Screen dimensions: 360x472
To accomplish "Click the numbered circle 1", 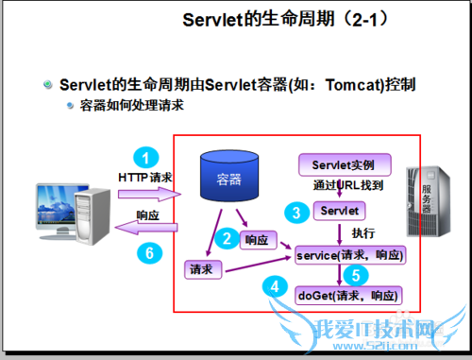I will [x=144, y=158].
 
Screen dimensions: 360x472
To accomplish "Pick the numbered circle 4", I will [x=275, y=285].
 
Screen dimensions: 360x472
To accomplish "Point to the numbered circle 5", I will [x=353, y=275].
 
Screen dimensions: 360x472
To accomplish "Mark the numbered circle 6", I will [x=144, y=252].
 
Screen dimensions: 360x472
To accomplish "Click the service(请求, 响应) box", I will [x=349, y=255].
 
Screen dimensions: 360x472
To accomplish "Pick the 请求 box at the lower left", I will [x=200, y=270].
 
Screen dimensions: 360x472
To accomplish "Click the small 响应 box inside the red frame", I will [x=257, y=239].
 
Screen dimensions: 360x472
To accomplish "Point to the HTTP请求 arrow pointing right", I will [x=146, y=194].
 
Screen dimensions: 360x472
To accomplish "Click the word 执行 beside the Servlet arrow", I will [x=363, y=232].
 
